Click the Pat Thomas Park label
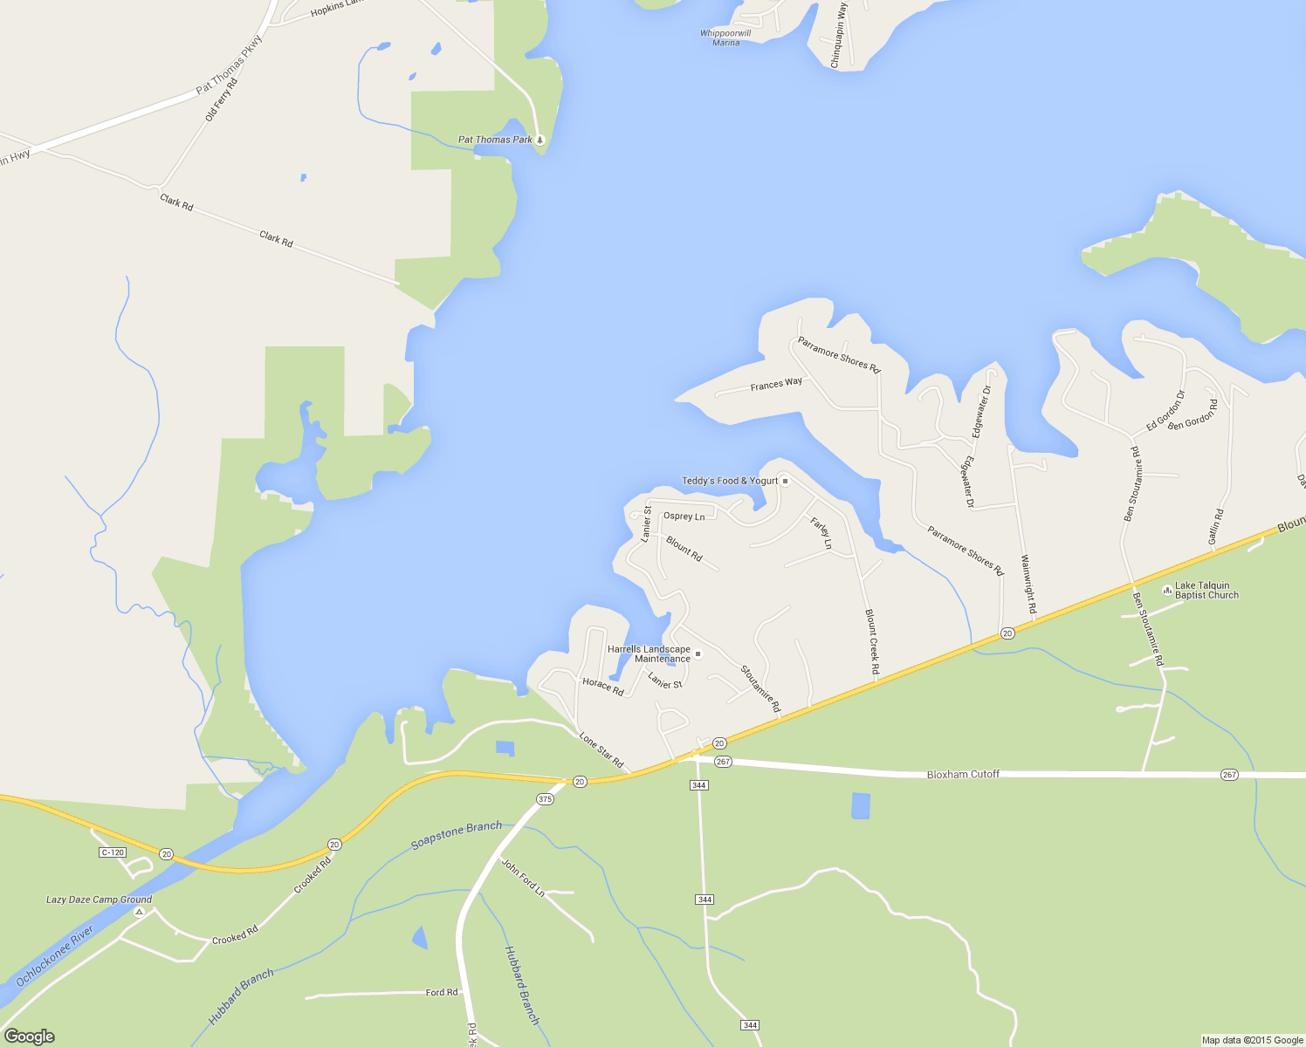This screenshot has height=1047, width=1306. click(495, 140)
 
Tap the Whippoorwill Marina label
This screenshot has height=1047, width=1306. click(725, 38)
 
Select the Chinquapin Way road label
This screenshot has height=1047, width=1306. click(838, 36)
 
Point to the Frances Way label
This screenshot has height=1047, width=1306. click(776, 384)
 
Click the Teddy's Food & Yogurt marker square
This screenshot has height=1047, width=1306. click(785, 481)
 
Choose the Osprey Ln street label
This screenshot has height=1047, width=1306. click(684, 517)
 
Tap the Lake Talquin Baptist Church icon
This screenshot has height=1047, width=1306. click(1167, 590)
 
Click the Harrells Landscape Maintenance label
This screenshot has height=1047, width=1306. click(649, 654)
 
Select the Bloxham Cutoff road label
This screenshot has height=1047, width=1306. click(963, 774)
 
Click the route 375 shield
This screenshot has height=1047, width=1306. click(545, 799)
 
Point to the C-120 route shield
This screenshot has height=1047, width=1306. click(113, 852)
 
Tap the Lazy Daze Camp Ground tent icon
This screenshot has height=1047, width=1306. click(139, 912)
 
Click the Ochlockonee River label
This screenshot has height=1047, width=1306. click(54, 956)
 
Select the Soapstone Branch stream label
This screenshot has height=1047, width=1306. click(457, 834)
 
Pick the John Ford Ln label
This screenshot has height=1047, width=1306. click(523, 878)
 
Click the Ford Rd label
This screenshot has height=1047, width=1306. click(441, 992)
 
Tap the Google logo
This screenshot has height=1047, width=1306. click(29, 1036)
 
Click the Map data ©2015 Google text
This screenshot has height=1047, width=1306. click(1252, 1040)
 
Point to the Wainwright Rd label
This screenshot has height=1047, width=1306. click(1028, 584)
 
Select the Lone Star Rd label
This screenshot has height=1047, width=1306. click(601, 750)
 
